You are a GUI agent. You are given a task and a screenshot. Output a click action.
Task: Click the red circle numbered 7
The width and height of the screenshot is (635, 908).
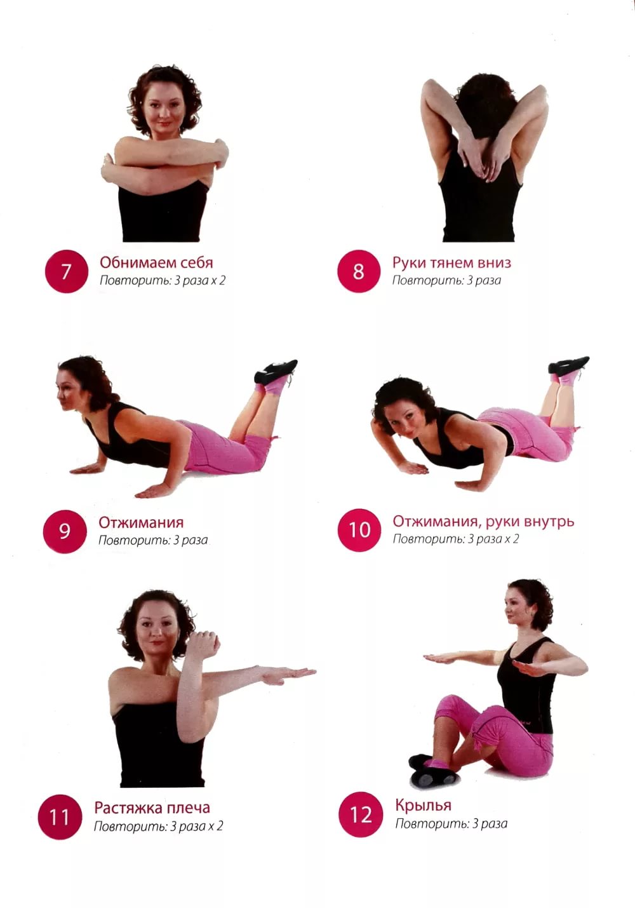(67, 271)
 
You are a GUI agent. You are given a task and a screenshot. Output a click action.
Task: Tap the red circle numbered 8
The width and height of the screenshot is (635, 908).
(359, 271)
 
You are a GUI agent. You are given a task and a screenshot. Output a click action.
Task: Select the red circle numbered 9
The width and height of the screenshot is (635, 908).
(65, 531)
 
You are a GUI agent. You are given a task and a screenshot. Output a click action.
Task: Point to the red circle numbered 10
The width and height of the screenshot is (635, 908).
(359, 530)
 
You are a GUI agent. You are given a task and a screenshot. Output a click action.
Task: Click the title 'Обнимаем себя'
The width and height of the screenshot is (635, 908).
(156, 262)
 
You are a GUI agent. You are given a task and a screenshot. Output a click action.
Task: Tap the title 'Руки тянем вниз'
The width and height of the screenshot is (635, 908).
(451, 262)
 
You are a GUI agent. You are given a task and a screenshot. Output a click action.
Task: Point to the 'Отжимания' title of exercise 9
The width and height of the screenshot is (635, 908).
(141, 522)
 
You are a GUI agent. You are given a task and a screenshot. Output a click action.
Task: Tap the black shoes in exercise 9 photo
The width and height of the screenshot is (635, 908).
(276, 372)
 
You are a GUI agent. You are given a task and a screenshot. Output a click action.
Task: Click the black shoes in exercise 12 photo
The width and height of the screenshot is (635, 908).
(433, 769)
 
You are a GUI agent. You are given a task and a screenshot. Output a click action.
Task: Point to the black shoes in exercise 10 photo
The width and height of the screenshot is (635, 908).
(568, 366)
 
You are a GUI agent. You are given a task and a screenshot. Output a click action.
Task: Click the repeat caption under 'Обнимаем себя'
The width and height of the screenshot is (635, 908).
(163, 280)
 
